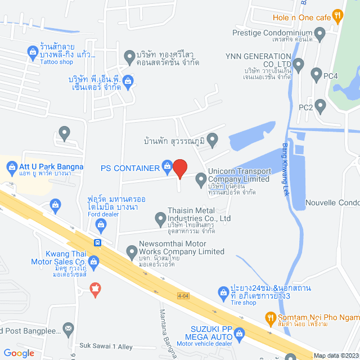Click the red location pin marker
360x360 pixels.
(179, 168)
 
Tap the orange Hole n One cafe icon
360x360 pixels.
(337, 17)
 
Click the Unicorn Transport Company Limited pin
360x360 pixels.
(201, 179)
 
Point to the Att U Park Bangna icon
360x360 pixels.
(11, 166)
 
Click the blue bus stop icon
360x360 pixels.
(98, 243)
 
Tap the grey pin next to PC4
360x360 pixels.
(316, 73)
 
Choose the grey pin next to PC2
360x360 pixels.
(321, 105)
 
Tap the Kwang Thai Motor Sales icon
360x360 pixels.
(93, 260)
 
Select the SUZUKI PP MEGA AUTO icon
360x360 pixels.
(240, 334)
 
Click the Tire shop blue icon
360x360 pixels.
(222, 291)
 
